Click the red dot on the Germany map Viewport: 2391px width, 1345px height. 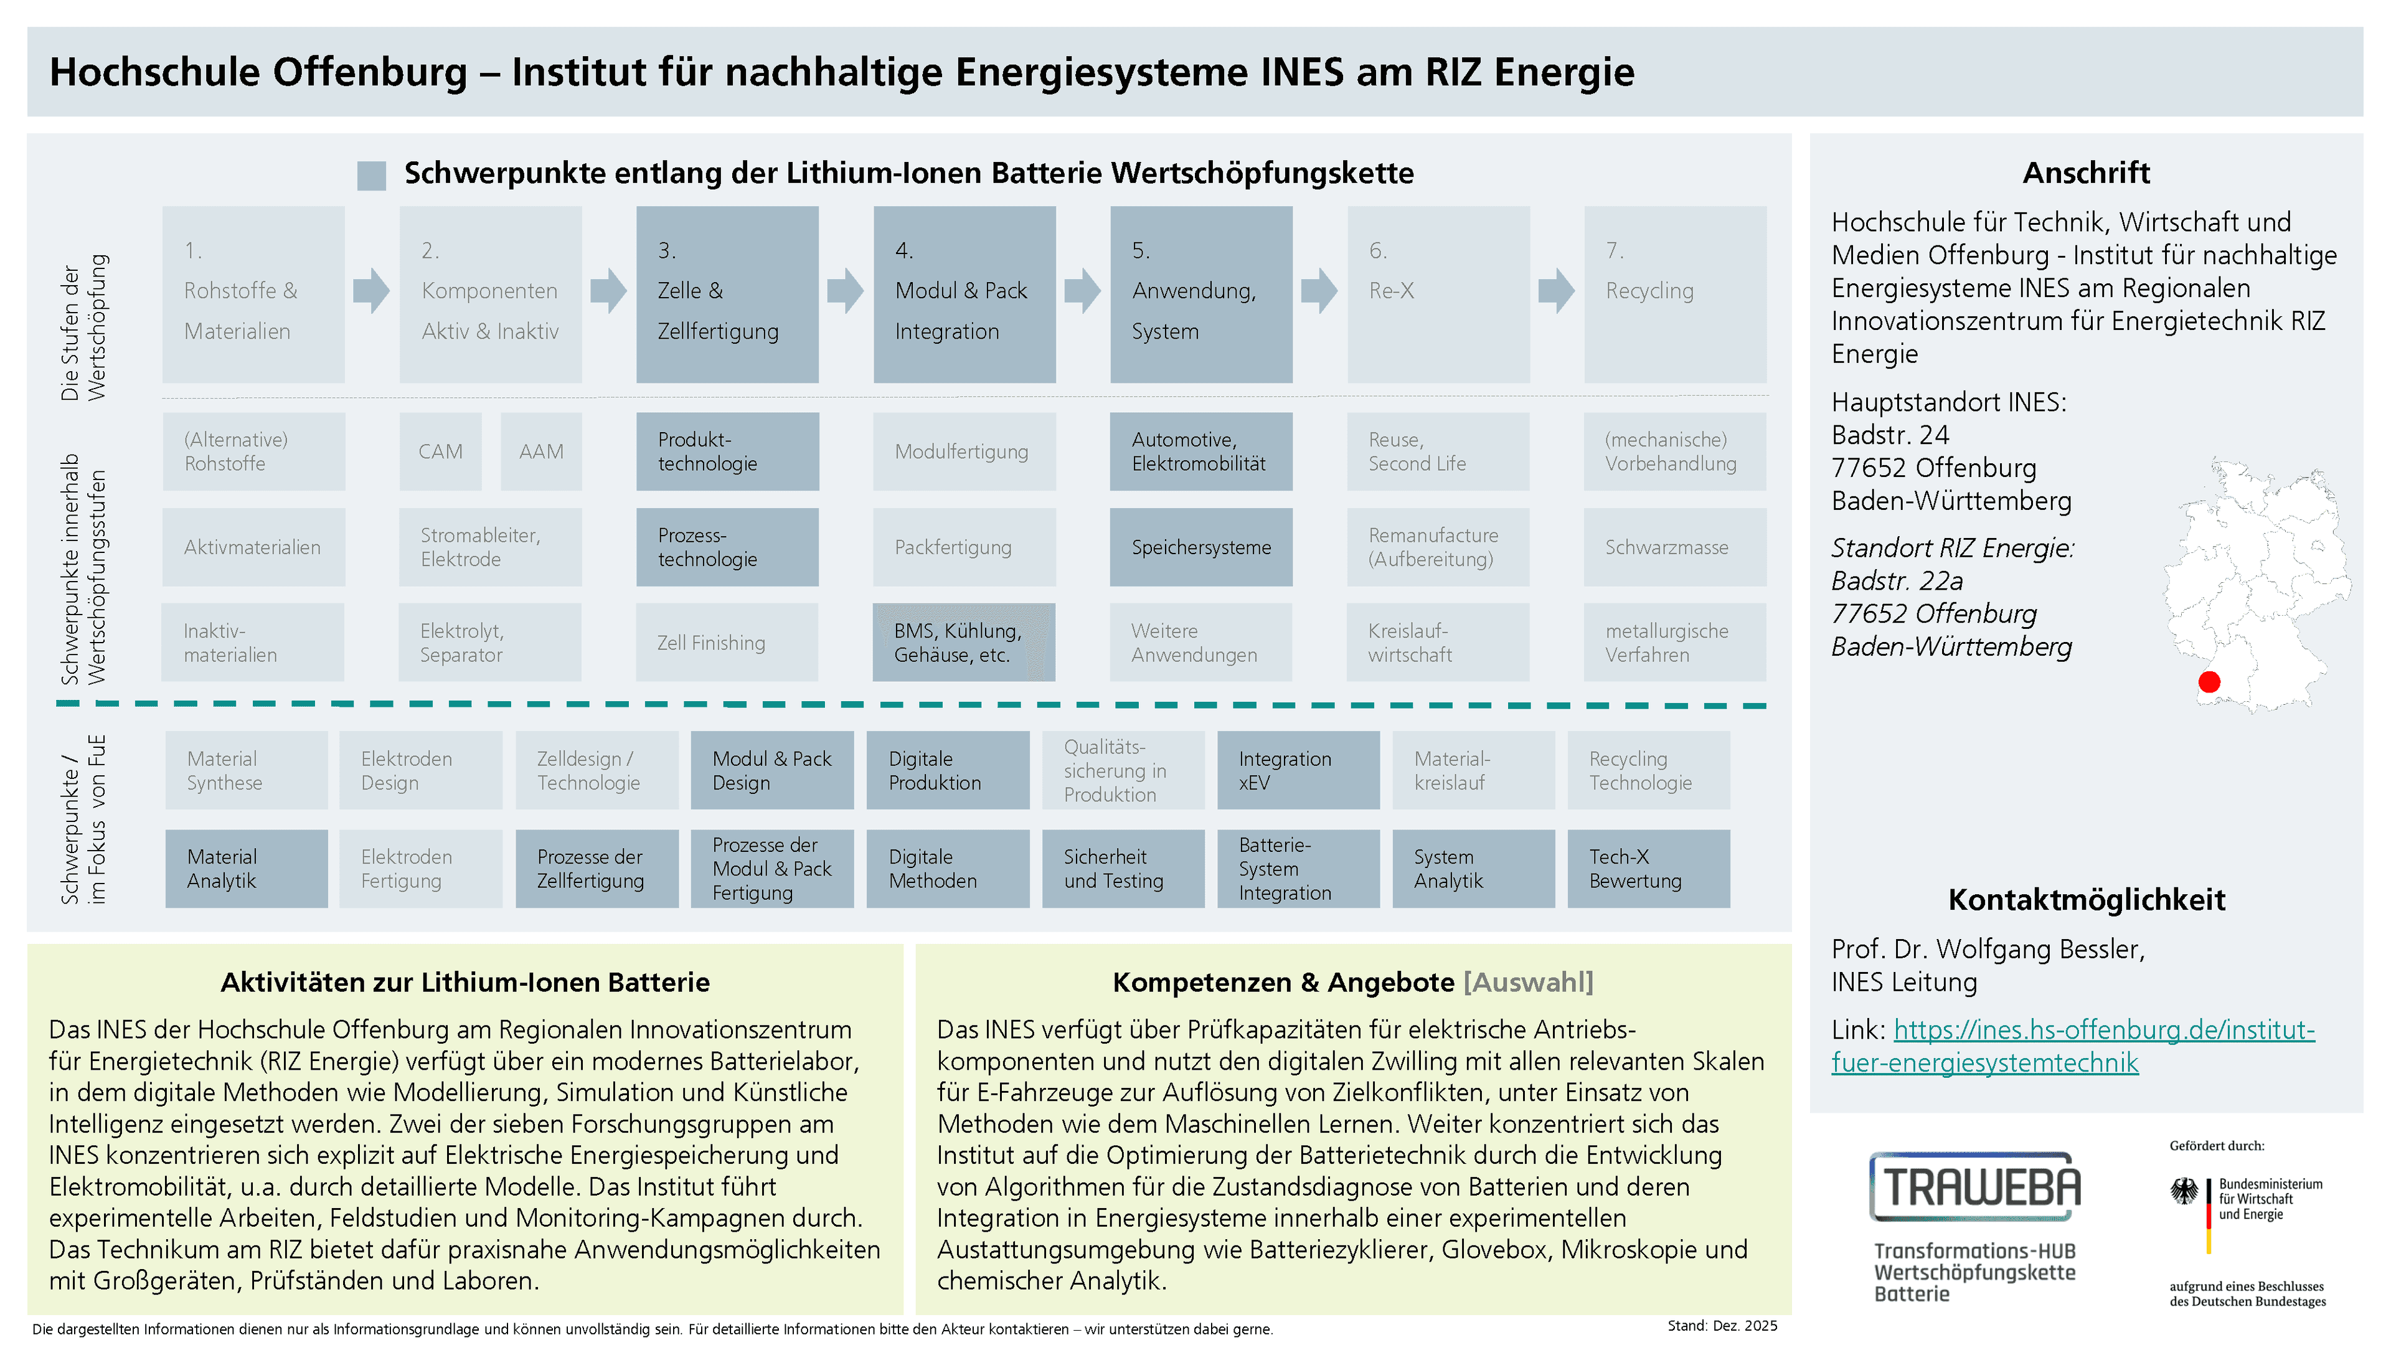(x=2209, y=682)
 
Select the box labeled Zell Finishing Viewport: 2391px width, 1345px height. (x=727, y=643)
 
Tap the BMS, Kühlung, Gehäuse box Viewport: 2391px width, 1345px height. (x=963, y=643)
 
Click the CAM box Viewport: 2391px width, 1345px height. (x=440, y=451)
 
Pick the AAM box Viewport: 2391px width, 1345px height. (x=541, y=451)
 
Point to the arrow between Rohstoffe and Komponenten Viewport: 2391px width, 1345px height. (x=371, y=291)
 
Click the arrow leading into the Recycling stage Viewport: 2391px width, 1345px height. (x=1557, y=291)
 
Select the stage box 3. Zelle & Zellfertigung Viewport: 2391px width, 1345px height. (x=727, y=295)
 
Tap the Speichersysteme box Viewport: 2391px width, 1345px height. (x=1201, y=547)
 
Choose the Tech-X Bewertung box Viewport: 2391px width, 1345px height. (x=1648, y=869)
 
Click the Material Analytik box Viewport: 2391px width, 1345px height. (x=246, y=869)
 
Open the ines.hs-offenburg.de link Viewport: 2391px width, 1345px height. (x=2073, y=1046)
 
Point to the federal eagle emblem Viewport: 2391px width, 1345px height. (x=2185, y=1192)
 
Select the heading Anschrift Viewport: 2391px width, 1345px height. (x=2087, y=172)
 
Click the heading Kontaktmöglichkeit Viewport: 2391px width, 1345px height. (x=2087, y=899)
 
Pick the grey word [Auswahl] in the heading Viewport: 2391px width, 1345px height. (x=1528, y=982)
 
